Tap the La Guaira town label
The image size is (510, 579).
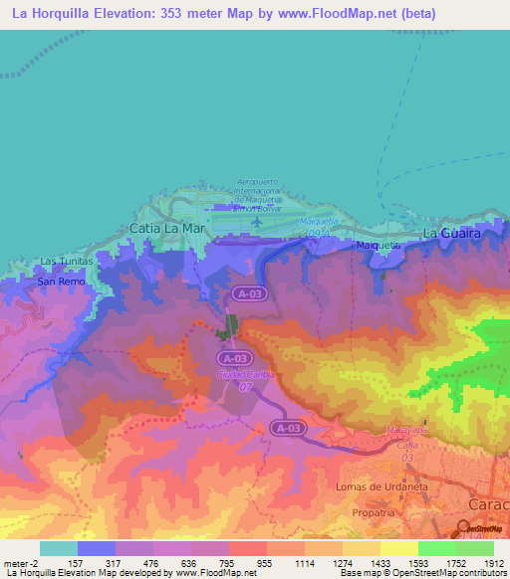[x=452, y=233]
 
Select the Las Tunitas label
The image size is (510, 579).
[x=66, y=262]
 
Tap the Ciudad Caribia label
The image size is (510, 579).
[x=243, y=373]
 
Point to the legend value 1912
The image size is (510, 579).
[x=492, y=563]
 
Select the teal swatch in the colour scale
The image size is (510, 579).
[x=58, y=548]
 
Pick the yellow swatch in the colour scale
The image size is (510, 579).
[x=398, y=548]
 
